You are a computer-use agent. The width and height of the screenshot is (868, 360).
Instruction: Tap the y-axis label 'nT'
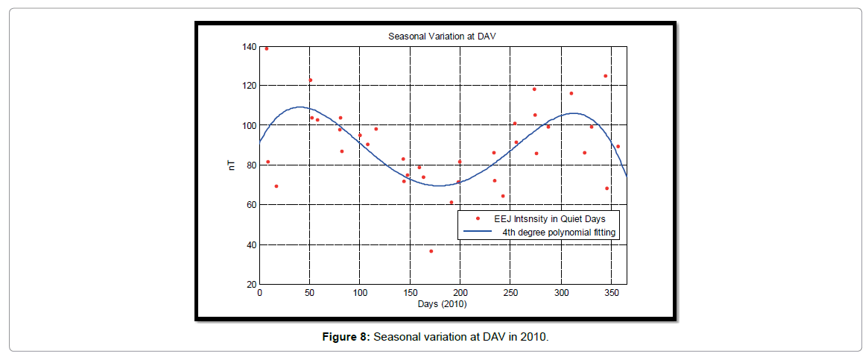(232, 165)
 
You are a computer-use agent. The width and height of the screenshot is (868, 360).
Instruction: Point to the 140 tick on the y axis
(249, 47)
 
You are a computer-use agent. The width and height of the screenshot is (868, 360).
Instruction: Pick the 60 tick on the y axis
(251, 205)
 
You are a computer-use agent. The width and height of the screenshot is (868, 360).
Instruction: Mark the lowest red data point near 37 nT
(431, 251)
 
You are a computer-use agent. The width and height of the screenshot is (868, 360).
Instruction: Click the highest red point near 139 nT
(267, 48)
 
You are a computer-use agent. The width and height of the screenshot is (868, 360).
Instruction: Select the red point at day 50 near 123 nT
(310, 80)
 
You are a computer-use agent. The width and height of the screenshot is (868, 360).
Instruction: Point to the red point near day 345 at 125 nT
(606, 76)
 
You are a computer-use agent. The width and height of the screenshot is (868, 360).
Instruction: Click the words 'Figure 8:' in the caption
(346, 337)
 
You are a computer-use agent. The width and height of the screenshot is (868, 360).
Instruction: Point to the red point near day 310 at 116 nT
(571, 93)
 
